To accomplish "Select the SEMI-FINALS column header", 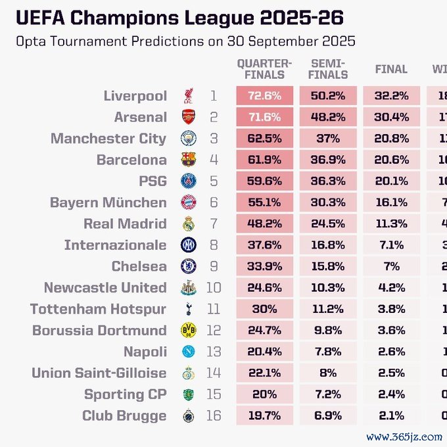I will click(x=327, y=69).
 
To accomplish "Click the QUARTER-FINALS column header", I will click(x=264, y=69).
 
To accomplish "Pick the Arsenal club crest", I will click(x=189, y=118).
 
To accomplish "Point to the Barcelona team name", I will click(x=131, y=160).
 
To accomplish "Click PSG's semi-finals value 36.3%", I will click(x=327, y=181).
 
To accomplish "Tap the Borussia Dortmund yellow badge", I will click(x=189, y=330).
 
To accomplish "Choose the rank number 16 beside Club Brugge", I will click(x=213, y=415).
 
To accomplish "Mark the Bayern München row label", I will click(x=108, y=202).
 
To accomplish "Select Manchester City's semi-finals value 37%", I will click(x=327, y=139).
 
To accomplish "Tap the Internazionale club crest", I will click(x=189, y=245).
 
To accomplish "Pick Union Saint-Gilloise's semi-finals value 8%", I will click(x=327, y=373).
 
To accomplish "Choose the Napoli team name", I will click(x=145, y=352).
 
